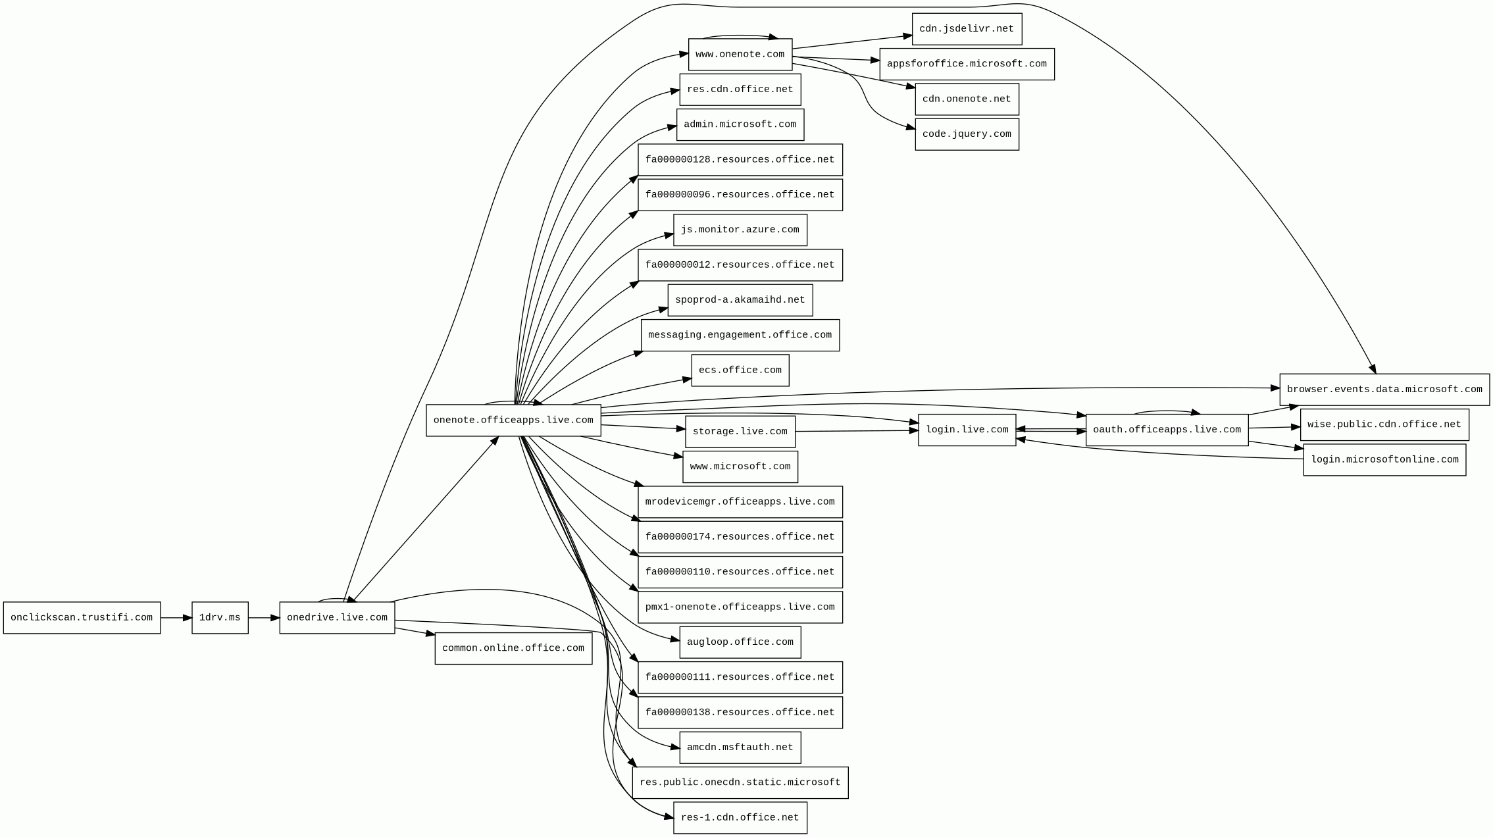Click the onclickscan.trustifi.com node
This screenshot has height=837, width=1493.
click(x=82, y=618)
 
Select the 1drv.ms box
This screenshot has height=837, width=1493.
click(x=220, y=618)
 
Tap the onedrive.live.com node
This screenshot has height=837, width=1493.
click(x=337, y=618)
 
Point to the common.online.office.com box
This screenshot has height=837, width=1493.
click(x=513, y=648)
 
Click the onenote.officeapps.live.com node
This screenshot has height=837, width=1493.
click(x=513, y=420)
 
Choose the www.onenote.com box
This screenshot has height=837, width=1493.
click(x=740, y=54)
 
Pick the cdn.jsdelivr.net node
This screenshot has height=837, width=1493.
click(x=967, y=29)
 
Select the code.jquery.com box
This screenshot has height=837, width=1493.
click(x=967, y=134)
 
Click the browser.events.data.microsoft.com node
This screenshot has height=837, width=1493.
click(x=1384, y=390)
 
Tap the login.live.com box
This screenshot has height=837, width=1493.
click(x=967, y=430)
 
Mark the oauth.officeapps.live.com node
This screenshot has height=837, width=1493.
click(x=1167, y=430)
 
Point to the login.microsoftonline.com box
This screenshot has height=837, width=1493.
click(x=1384, y=459)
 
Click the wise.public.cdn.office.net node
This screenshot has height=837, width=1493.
click(x=1384, y=424)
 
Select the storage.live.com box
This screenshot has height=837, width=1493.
click(x=740, y=432)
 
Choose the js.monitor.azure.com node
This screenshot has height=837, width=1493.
click(x=740, y=230)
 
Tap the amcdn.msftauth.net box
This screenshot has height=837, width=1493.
click(x=740, y=748)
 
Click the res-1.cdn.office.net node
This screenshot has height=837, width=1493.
click(x=740, y=818)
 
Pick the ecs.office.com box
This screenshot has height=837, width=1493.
click(x=740, y=370)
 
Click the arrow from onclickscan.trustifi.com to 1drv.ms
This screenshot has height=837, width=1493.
click(x=176, y=618)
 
